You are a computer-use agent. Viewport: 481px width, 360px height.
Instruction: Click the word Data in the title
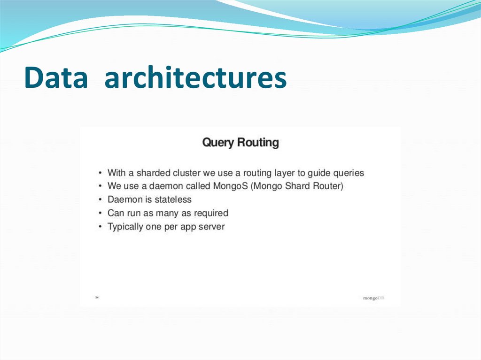tap(55, 78)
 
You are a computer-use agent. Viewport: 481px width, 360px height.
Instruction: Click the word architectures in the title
tap(195, 78)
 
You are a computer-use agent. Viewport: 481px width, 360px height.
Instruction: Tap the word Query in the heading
tap(218, 142)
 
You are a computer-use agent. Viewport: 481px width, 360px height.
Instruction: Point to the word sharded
tap(154, 173)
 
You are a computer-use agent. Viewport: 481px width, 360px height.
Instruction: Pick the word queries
tap(348, 173)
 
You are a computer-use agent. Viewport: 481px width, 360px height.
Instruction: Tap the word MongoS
tap(231, 186)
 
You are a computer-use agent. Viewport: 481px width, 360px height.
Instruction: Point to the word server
tap(212, 227)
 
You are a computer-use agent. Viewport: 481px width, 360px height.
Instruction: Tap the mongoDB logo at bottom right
tap(373, 298)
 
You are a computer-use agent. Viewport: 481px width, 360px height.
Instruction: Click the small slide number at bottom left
tap(96, 297)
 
